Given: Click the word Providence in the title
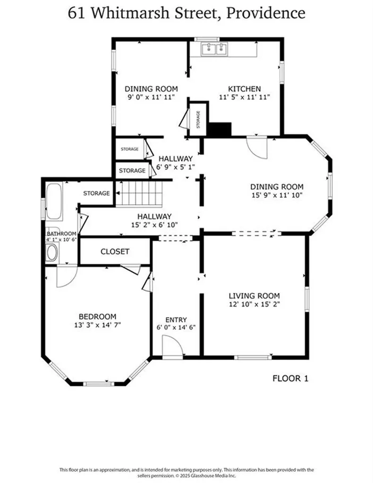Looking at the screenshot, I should point(265,13).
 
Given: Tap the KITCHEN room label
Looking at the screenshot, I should point(244,89).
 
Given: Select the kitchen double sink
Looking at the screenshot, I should point(214,49).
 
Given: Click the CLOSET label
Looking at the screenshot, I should point(115,251).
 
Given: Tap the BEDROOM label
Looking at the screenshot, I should point(97,316).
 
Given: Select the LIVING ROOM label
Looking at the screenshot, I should point(254,296).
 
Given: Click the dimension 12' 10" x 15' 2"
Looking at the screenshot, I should point(254,304).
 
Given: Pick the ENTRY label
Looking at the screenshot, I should point(176,319).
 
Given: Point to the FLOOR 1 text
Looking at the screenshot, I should point(290,378).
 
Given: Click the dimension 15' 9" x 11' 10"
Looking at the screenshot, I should point(276,194).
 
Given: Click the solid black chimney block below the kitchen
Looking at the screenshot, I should point(220,129).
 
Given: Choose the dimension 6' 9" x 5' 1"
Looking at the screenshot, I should point(175,167).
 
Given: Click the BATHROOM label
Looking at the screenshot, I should point(61,233).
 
